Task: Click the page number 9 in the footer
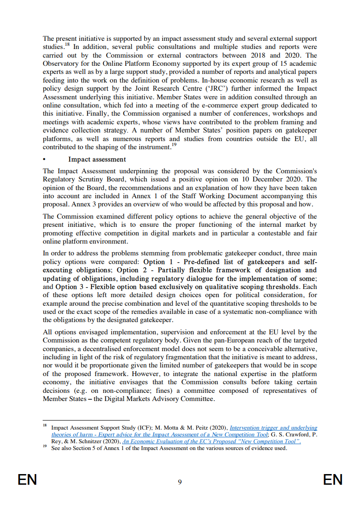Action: point(180,482)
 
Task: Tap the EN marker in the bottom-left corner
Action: point(27,480)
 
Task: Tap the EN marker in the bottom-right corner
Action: point(333,480)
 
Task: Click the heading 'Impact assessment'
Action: point(97,159)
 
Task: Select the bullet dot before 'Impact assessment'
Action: point(44,159)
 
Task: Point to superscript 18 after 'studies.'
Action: point(67,45)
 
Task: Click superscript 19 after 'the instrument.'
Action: point(174,145)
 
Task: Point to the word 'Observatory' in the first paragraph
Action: point(61,64)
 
